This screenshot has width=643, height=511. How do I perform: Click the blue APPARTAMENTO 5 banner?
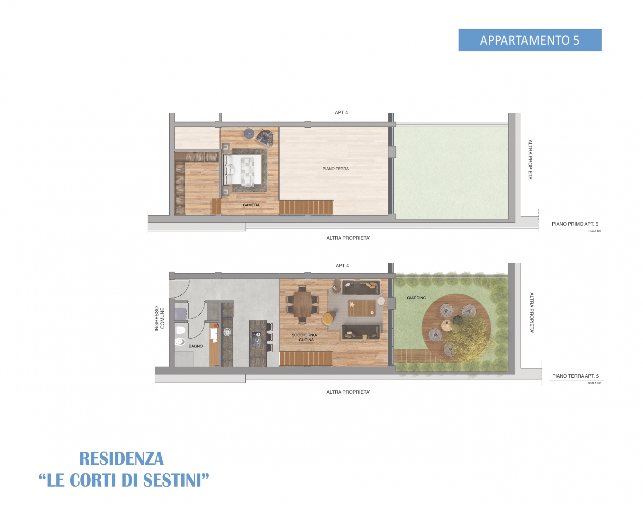click(530, 40)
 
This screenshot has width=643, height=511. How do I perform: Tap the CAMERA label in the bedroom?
click(251, 205)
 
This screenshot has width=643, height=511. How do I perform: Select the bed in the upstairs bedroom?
click(242, 170)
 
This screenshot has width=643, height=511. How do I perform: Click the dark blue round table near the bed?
click(249, 133)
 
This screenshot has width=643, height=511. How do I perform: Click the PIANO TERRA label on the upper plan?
click(336, 169)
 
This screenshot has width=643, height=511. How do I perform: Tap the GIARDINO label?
click(417, 298)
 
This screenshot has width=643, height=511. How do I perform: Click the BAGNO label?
click(196, 346)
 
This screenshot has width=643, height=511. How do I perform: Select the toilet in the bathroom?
click(180, 330)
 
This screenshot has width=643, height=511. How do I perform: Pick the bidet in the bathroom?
click(180, 342)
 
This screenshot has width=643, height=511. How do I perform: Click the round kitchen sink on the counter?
click(227, 332)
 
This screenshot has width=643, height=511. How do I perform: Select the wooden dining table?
click(302, 304)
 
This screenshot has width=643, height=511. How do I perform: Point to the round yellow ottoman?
click(328, 318)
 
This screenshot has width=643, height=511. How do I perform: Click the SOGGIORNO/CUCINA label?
click(305, 337)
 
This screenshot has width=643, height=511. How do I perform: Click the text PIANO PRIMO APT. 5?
click(575, 224)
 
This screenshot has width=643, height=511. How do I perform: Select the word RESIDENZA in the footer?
click(122, 459)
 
